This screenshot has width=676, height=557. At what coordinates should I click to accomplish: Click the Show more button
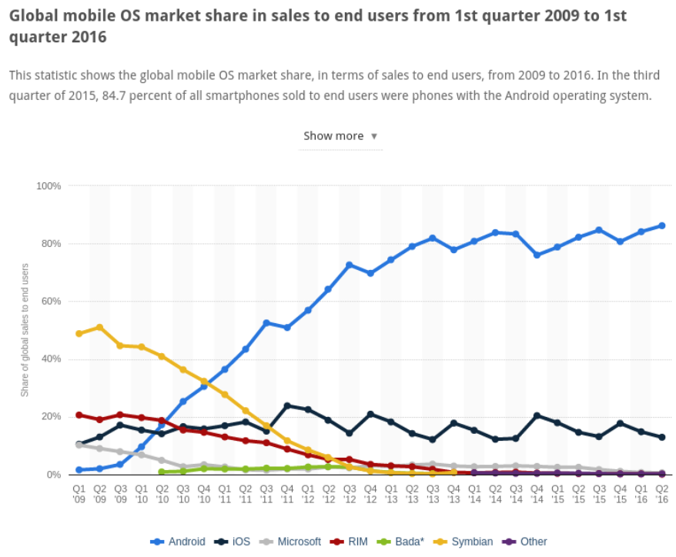tap(340, 136)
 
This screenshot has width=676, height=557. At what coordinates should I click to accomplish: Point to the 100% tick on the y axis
tap(49, 186)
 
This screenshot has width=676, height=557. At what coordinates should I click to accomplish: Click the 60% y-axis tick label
tap(51, 302)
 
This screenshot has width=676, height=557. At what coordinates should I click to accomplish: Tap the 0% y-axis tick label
tap(54, 475)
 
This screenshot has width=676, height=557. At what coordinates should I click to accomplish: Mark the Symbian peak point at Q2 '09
tap(99, 327)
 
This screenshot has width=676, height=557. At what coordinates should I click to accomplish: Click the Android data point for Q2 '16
tap(661, 225)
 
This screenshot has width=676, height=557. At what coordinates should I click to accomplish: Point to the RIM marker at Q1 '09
tap(79, 415)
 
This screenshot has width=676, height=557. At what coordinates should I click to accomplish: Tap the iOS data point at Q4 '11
tap(287, 405)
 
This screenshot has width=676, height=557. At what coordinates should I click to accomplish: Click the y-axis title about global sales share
tap(25, 330)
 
